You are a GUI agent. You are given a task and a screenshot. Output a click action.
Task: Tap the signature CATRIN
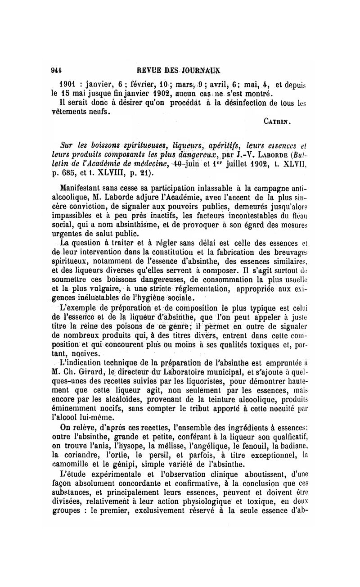pos(277,121)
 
